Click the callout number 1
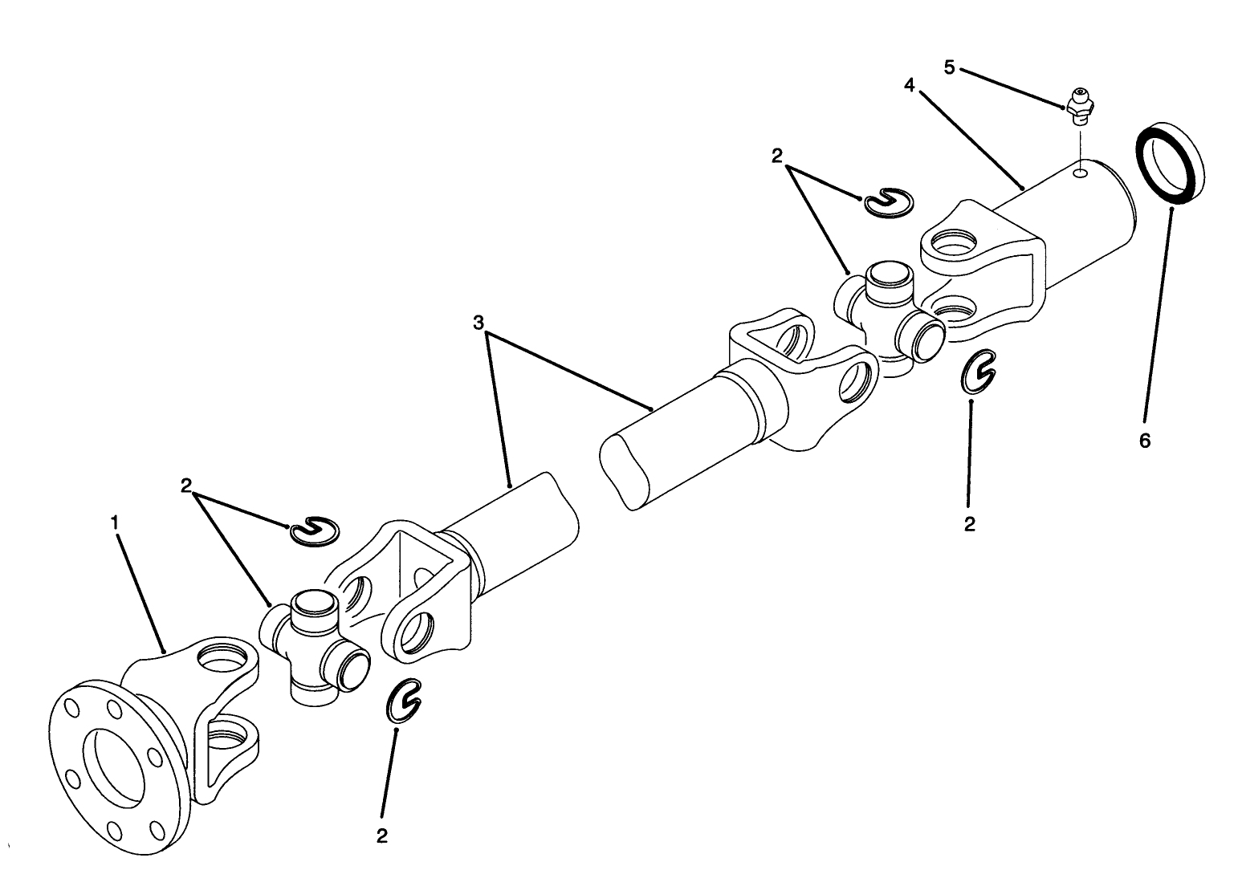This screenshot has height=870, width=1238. click(115, 522)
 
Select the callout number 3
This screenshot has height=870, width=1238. click(479, 323)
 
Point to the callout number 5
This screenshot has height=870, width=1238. click(949, 67)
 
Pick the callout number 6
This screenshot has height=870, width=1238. click(1145, 440)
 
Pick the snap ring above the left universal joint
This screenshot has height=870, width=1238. click(315, 531)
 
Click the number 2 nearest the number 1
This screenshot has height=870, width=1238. click(186, 485)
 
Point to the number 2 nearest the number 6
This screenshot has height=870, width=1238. click(969, 524)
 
